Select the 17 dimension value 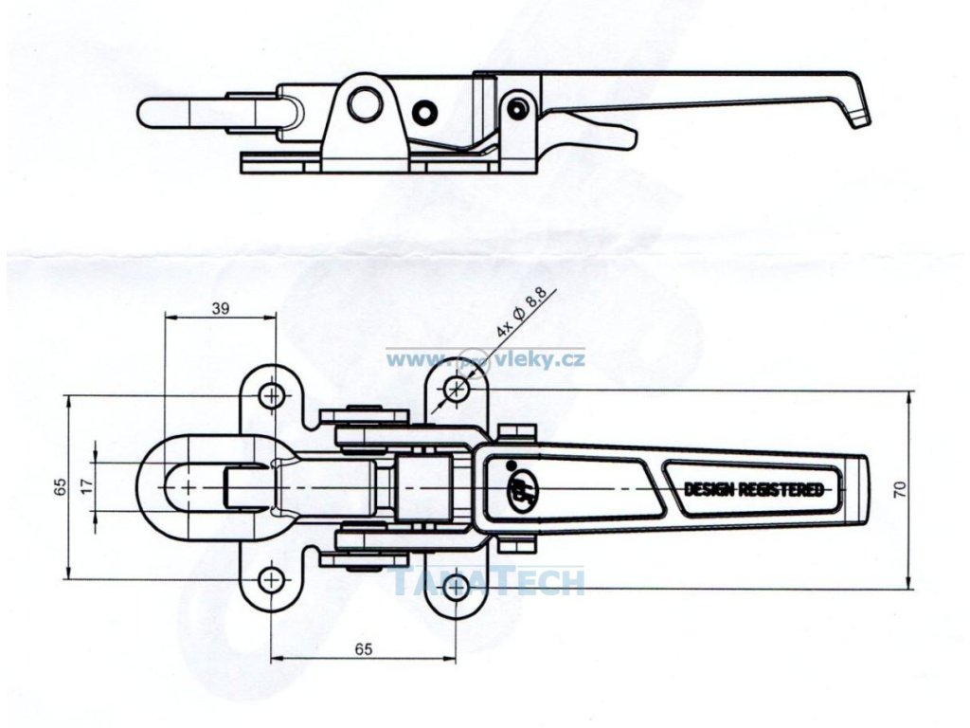[85, 484]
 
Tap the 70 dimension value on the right [900, 489]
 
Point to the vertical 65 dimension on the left [59, 487]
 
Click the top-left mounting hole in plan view [273, 394]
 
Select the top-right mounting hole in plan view [458, 388]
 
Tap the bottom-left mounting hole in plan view [273, 578]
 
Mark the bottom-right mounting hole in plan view [457, 585]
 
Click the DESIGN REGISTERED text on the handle [753, 489]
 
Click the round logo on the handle [522, 489]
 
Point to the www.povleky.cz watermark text [485, 359]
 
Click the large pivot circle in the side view [365, 102]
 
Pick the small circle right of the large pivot [423, 113]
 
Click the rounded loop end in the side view [156, 112]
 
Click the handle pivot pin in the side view [516, 109]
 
